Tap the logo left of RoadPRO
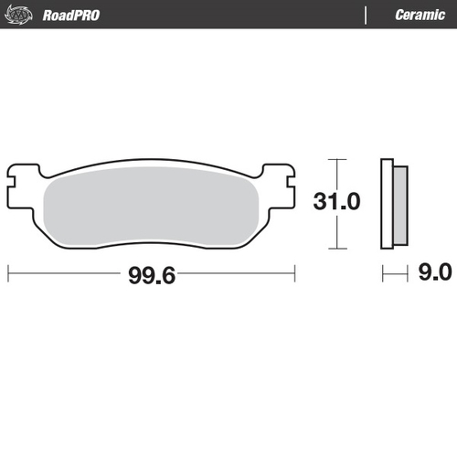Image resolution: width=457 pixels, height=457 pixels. tap(26, 15)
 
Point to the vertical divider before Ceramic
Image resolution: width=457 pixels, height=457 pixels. tap(366, 15)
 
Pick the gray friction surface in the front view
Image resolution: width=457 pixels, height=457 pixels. tap(151, 206)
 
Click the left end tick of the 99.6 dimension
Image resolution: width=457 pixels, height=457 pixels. tap(8, 273)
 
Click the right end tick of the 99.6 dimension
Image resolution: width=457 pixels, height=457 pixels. tap(294, 273)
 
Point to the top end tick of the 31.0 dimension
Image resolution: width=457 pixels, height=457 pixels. tap(338, 159)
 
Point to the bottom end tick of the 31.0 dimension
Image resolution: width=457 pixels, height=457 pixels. tap(338, 249)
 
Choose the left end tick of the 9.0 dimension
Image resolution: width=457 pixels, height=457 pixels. tap(383, 272)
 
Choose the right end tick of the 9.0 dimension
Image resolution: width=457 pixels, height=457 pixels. tap(406, 272)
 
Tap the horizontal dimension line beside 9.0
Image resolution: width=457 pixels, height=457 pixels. tap(394, 272)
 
